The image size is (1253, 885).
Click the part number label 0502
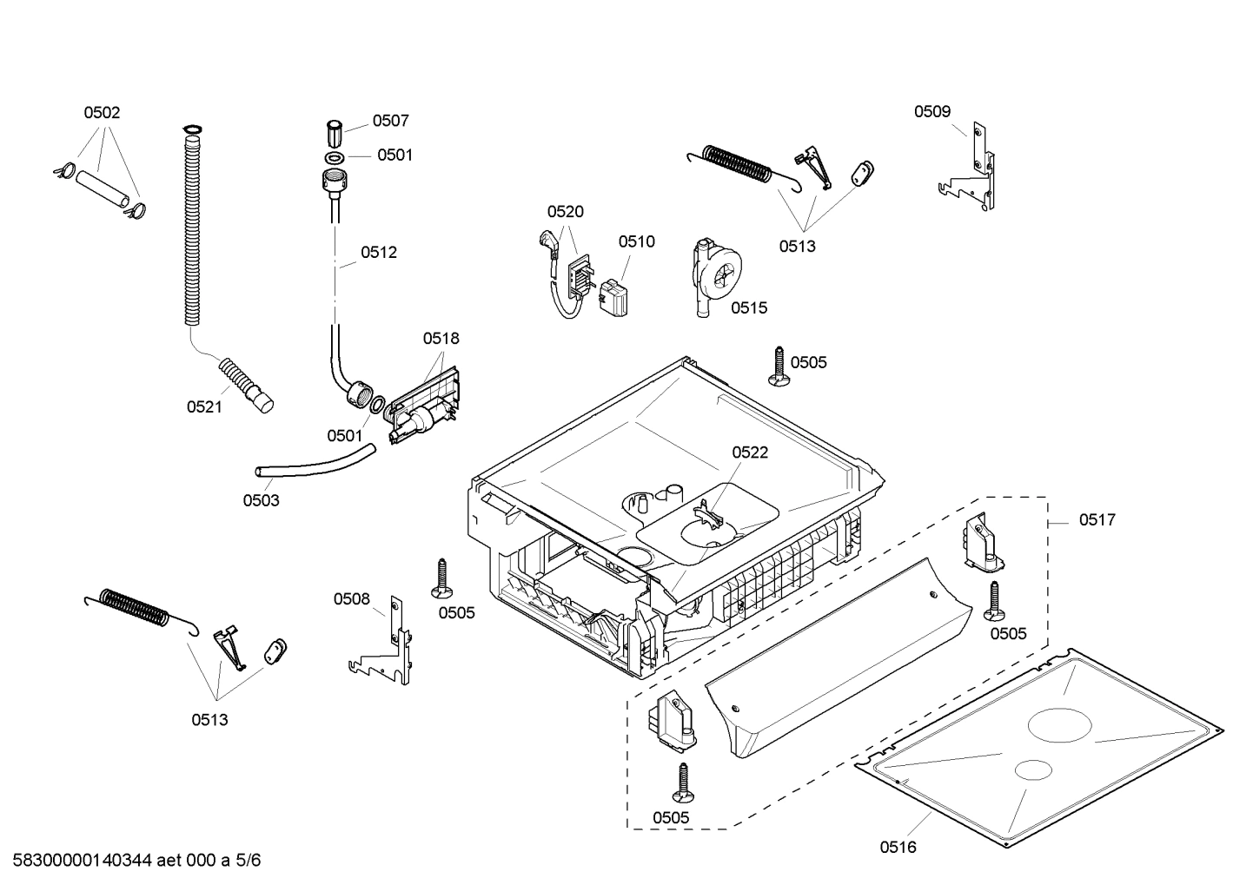click(x=102, y=112)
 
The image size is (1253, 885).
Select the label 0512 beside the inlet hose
click(x=379, y=253)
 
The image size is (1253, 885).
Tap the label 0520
click(x=565, y=211)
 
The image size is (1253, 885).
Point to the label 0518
click(x=441, y=338)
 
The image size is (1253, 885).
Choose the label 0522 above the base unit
click(x=749, y=452)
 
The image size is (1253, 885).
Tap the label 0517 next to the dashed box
click(x=1097, y=519)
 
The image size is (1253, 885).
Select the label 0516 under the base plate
click(x=898, y=847)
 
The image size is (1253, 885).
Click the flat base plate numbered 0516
click(x=1043, y=747)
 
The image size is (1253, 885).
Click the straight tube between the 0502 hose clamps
click(x=102, y=188)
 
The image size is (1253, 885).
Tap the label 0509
click(x=931, y=111)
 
